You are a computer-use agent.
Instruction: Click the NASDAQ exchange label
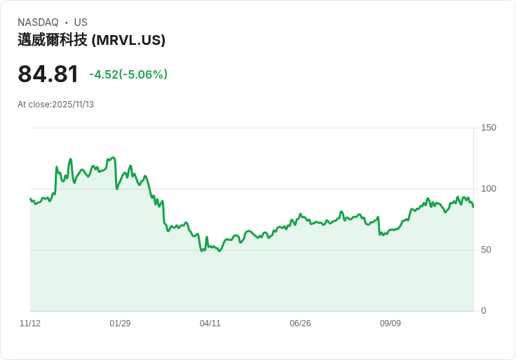pyautogui.click(x=38, y=22)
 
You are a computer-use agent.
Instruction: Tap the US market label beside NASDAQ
pyautogui.click(x=81, y=22)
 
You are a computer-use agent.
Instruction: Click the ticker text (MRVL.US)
pyautogui.click(x=128, y=40)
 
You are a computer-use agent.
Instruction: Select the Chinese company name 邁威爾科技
pyautogui.click(x=53, y=40)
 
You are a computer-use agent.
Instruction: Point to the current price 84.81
pyautogui.click(x=48, y=74)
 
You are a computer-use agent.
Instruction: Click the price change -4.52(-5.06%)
pyautogui.click(x=128, y=74)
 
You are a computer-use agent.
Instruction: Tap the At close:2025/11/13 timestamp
pyautogui.click(x=55, y=105)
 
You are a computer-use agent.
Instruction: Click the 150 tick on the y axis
pyautogui.click(x=488, y=128)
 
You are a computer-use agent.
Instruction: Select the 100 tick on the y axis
pyautogui.click(x=488, y=189)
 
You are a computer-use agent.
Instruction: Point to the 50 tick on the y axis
pyautogui.click(x=486, y=250)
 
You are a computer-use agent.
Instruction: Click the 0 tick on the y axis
pyautogui.click(x=483, y=311)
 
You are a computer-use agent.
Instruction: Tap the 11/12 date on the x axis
pyautogui.click(x=30, y=324)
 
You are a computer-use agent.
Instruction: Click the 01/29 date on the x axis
pyautogui.click(x=120, y=324)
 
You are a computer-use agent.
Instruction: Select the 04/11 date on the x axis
pyautogui.click(x=210, y=324)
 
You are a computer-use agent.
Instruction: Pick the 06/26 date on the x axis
pyautogui.click(x=300, y=324)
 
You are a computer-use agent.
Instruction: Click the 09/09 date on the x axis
pyautogui.click(x=391, y=324)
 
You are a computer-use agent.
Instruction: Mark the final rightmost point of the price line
pyautogui.click(x=473, y=207)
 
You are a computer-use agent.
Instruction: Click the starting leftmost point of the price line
pyautogui.click(x=30, y=199)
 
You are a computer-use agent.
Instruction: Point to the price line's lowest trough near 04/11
pyautogui.click(x=219, y=251)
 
